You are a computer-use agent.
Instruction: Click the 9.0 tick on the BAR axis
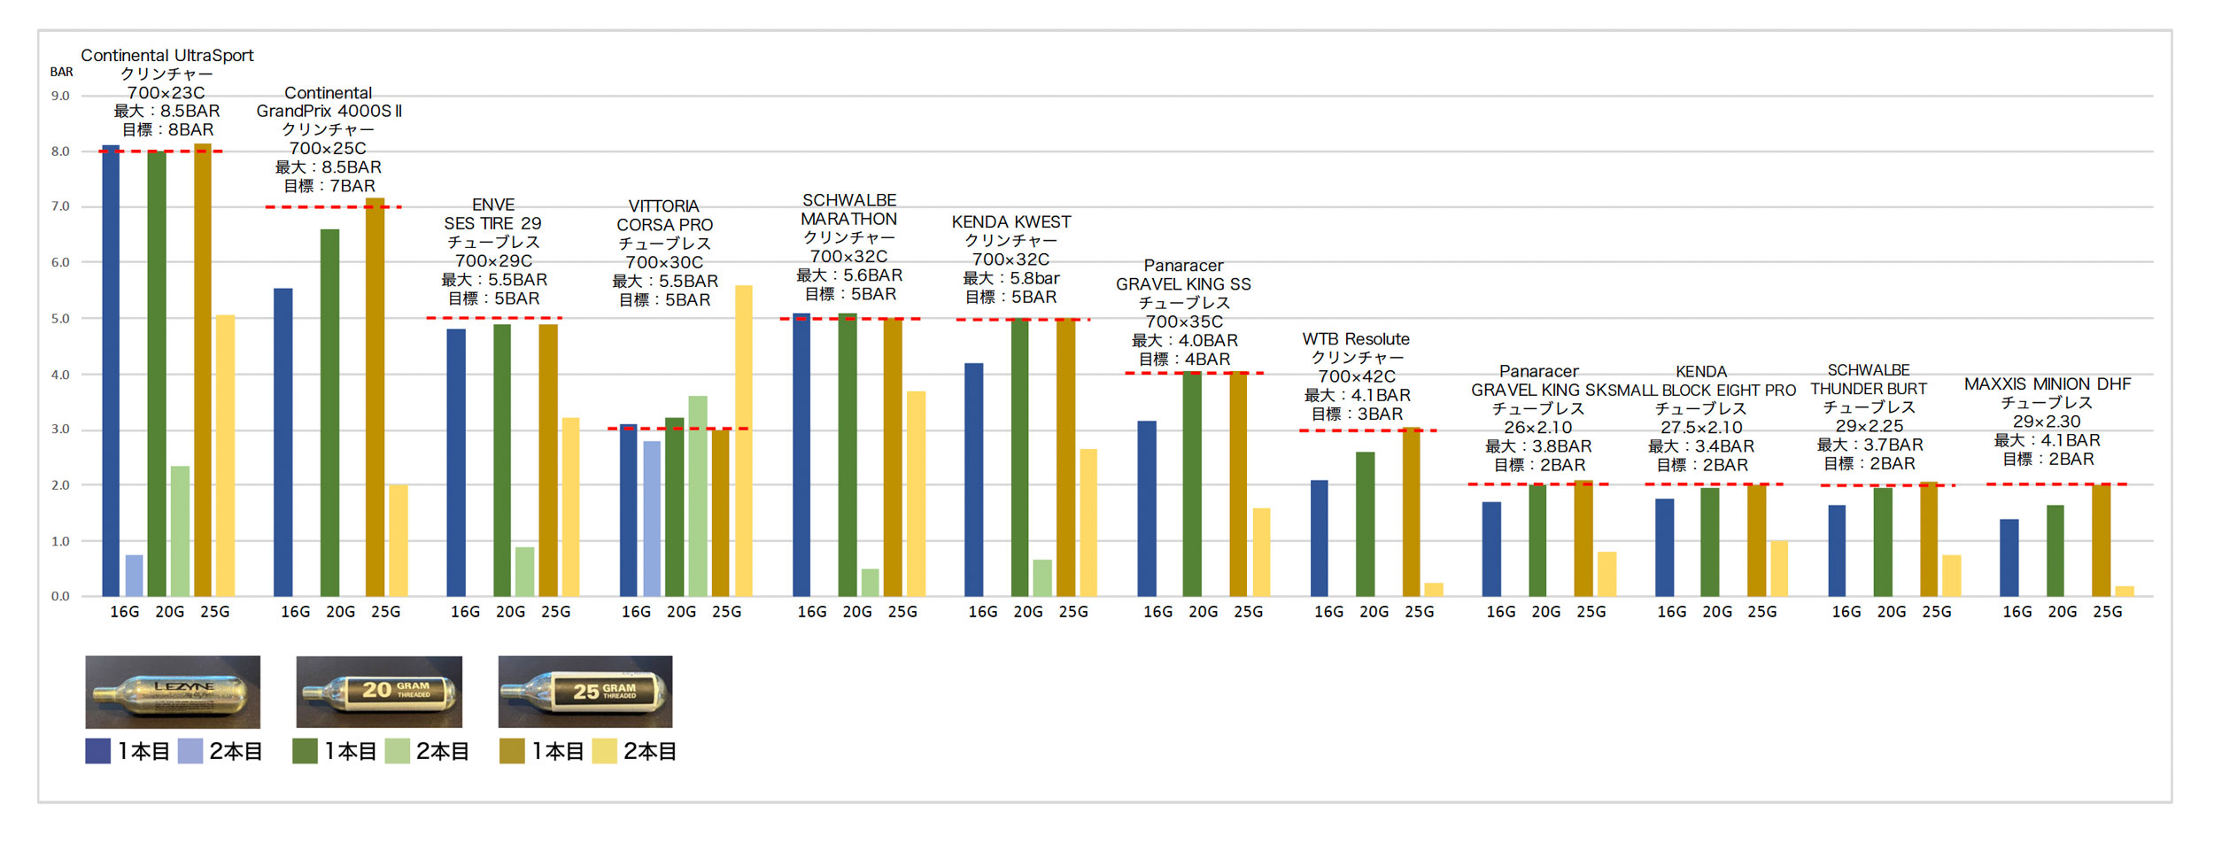(60, 96)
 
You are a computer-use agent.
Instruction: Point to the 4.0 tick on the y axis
(60, 375)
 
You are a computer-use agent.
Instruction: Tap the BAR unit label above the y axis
(61, 72)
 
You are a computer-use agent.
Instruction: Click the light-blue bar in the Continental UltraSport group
(134, 575)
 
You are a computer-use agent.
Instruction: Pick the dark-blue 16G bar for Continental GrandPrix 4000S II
(283, 442)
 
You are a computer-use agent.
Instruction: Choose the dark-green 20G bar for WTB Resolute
(1365, 523)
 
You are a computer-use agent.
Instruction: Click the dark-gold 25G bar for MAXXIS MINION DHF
(2101, 539)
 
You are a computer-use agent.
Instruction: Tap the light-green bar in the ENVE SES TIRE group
(524, 571)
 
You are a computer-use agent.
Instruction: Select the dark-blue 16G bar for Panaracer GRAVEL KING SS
(1147, 508)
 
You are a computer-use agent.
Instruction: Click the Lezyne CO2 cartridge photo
(173, 691)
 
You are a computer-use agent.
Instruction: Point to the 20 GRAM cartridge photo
(379, 691)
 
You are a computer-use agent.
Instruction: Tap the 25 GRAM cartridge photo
(585, 691)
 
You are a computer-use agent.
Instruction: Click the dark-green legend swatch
(305, 751)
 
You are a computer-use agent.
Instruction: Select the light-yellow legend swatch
(604, 751)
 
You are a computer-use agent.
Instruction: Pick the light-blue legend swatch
(190, 751)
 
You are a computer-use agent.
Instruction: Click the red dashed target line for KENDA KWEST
(1023, 319)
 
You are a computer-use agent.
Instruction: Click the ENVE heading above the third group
(493, 205)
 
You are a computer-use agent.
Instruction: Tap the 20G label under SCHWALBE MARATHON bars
(857, 612)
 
